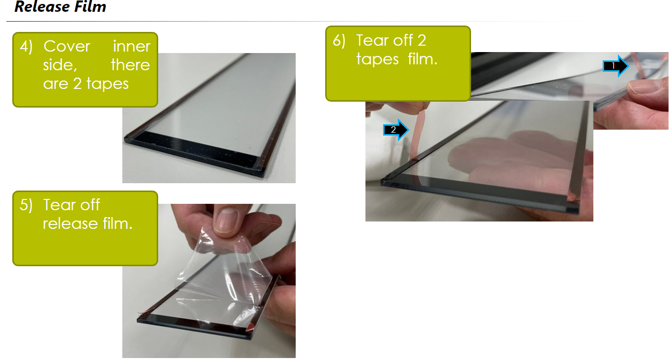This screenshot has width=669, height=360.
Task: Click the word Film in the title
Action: pyautogui.click(x=90, y=6)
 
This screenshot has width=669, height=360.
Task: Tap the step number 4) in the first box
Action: pyautogui.click(x=26, y=47)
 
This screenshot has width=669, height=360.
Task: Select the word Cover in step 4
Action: pyautogui.click(x=67, y=47)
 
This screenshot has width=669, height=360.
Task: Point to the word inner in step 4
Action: pyautogui.click(x=132, y=47)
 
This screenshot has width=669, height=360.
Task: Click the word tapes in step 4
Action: pyautogui.click(x=107, y=84)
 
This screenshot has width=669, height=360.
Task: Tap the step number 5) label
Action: pyautogui.click(x=26, y=205)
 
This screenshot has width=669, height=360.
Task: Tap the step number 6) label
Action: pyautogui.click(x=339, y=41)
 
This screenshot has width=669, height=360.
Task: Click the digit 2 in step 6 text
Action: pyautogui.click(x=422, y=41)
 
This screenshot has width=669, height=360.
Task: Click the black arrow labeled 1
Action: pyautogui.click(x=615, y=66)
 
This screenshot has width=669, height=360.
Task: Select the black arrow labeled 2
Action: pyautogui.click(x=396, y=130)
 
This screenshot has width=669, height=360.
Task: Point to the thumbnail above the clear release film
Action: pyautogui.click(x=225, y=220)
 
